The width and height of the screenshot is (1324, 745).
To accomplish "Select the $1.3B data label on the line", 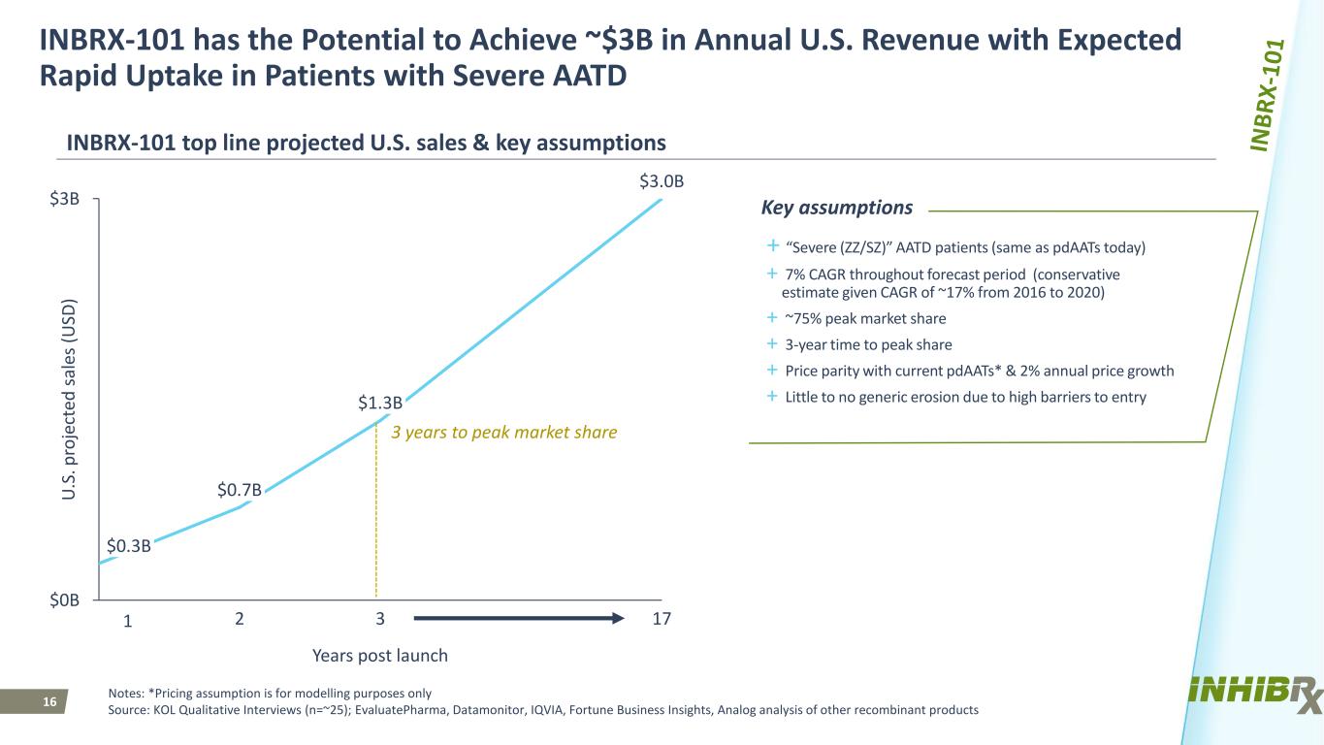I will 380,403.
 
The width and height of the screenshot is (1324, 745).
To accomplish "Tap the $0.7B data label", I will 240,490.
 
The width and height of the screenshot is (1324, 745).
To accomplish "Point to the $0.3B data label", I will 128,546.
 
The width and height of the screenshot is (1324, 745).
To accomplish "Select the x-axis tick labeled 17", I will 662,619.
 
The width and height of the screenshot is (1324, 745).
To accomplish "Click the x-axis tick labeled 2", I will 240,619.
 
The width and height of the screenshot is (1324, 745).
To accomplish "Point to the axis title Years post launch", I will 380,656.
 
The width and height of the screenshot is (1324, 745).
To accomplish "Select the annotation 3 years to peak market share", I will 503,433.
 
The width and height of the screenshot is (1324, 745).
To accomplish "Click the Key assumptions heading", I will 837,208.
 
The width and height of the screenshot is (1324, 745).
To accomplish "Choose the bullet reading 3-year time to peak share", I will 858,344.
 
